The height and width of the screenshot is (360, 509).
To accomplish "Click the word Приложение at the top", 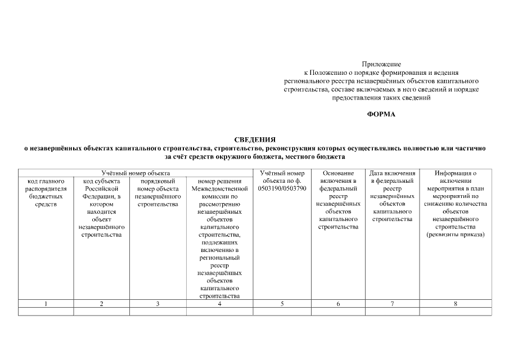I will click(381, 65).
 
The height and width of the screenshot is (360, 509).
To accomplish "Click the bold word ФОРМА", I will click(381, 114).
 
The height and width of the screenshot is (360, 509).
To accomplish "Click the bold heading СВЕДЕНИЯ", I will click(255, 139).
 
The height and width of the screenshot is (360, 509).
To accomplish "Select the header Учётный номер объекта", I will click(136, 173).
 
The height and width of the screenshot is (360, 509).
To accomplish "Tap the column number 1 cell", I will click(46, 304).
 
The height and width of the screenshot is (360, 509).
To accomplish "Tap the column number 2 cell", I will click(101, 304).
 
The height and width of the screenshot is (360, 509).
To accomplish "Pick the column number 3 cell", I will click(157, 304).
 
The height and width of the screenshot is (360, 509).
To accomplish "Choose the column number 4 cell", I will click(219, 304).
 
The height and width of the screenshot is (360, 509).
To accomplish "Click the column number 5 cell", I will click(282, 304).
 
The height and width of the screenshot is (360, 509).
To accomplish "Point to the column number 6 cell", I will click(338, 304).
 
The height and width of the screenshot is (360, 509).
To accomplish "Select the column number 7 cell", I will click(392, 304).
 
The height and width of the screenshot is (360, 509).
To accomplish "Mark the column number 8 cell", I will click(456, 304).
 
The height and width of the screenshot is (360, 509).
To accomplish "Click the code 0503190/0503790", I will click(282, 188).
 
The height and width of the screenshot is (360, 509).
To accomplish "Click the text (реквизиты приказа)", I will click(456, 235).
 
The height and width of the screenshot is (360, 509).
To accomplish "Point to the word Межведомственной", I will click(219, 188).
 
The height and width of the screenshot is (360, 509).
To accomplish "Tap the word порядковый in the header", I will click(157, 181).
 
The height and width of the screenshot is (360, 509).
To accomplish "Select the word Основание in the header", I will click(338, 173).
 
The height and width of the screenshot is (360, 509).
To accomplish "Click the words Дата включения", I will click(392, 173).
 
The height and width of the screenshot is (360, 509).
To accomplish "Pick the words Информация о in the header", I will click(456, 173).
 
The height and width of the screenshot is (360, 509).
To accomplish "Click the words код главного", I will click(46, 181).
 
